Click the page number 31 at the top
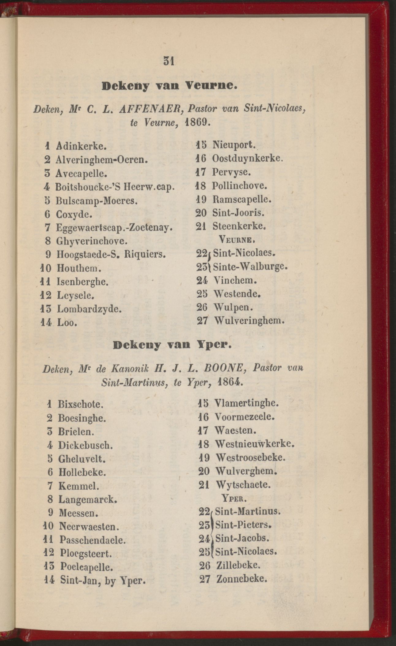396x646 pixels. [169, 61]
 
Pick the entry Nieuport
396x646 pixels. [234, 144]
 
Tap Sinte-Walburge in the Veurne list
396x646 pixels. [250, 267]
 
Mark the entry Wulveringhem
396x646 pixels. [249, 321]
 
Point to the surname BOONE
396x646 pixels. [227, 369]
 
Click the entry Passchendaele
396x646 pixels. [93, 540]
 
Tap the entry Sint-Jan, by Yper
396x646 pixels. [102, 580]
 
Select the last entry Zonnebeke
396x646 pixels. [242, 579]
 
